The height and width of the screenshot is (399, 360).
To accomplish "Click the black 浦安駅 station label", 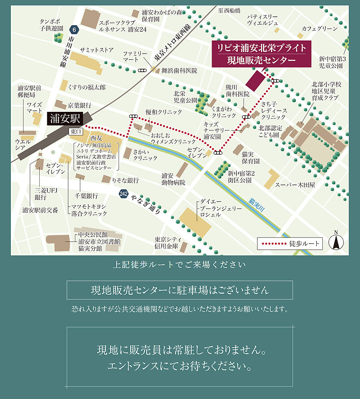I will pos(65,118).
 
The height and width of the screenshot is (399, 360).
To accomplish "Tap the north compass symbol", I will pos(336,241).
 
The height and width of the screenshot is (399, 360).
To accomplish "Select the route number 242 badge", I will pos(123,194).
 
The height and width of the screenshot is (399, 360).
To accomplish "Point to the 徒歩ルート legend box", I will pos(289,243).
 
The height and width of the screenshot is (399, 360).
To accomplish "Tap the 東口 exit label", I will pos(76,131).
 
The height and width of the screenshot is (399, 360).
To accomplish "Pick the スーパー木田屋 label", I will pos(295,185).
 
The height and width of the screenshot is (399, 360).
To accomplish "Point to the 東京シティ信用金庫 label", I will pos(168,243).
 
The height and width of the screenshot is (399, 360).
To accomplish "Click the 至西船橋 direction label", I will pos(229,10).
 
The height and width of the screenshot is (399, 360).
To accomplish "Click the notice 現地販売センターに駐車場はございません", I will pos(180,290).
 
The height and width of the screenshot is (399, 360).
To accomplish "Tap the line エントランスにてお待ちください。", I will pos(180,366).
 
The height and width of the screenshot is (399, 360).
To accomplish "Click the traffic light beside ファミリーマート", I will pos(142,70).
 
